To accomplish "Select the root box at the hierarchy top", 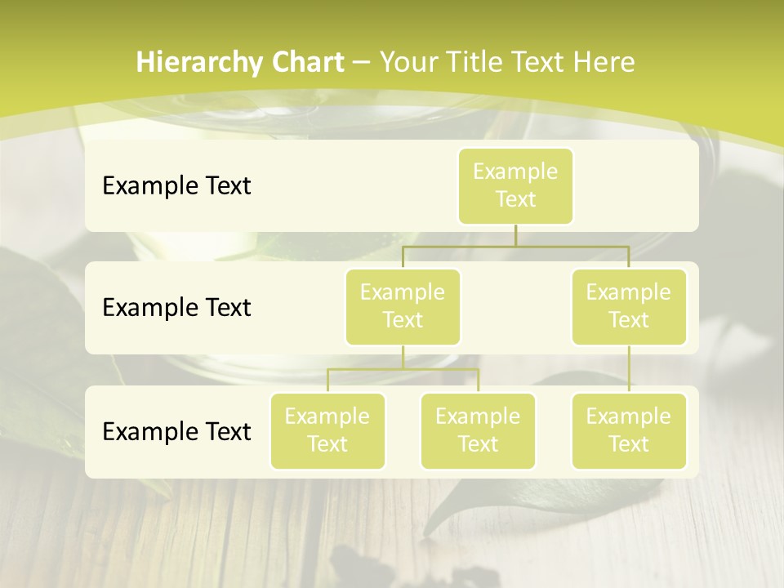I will (515, 185).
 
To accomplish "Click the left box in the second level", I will (403, 306).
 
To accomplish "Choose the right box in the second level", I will (629, 306).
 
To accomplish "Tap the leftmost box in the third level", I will (327, 430).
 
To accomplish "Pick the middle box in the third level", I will (478, 430).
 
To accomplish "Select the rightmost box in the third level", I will (629, 430).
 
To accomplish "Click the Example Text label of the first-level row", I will (176, 186).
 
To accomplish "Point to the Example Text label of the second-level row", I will (176, 308).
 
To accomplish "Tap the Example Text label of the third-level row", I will (176, 431).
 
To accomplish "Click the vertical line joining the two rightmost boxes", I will (629, 369).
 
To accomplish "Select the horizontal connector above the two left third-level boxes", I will (403, 369).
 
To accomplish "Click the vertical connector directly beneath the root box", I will (515, 235).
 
